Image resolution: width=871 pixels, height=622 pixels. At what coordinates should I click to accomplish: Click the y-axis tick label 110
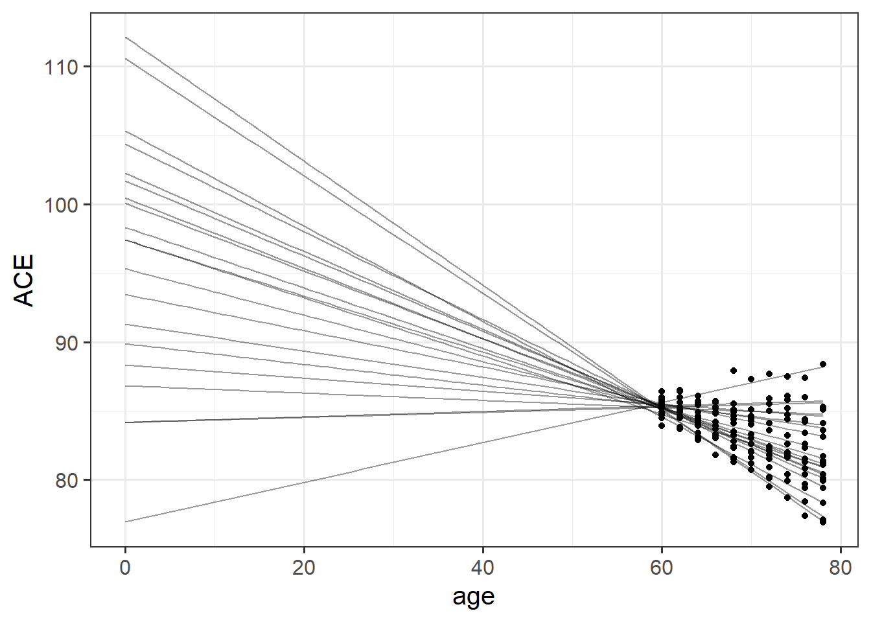pos(61,67)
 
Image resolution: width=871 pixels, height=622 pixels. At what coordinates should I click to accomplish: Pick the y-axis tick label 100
pos(61,205)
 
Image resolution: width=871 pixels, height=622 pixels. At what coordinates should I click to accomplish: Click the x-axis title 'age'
pos(474,596)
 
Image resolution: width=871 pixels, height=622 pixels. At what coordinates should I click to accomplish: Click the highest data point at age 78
pos(823,364)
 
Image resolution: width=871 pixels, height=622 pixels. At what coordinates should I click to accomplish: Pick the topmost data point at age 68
pos(734,371)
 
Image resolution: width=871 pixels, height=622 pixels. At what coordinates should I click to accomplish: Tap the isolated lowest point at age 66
pos(715,455)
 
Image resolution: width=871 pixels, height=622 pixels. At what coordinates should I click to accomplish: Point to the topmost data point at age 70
pos(751,379)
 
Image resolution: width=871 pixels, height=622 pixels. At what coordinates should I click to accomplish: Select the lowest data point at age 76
pos(805,516)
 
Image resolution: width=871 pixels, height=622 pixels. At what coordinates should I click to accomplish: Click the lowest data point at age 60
pos(662,426)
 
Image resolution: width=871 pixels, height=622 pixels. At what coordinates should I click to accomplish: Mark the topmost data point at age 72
pos(769,374)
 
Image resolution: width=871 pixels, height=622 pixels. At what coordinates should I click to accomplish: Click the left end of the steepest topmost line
pos(126,38)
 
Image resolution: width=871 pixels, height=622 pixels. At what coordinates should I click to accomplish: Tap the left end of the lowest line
pos(126,522)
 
